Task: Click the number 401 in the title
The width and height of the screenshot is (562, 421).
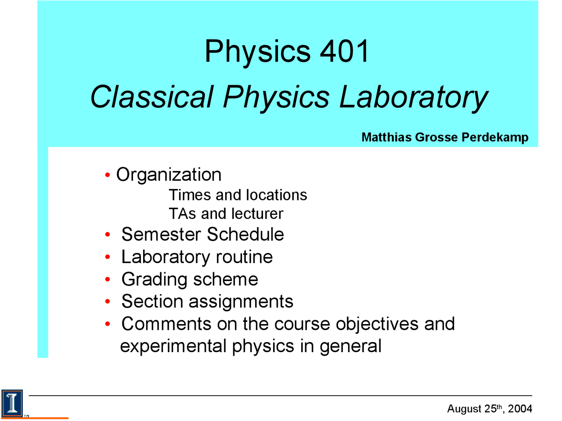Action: click(x=344, y=51)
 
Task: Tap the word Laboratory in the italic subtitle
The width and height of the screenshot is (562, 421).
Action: click(x=413, y=96)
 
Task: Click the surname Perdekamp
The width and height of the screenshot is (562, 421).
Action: click(x=495, y=137)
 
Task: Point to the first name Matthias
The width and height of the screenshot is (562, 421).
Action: click(x=386, y=137)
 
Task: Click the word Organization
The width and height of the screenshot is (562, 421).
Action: click(x=169, y=175)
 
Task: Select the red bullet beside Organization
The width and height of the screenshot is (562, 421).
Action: click(x=108, y=175)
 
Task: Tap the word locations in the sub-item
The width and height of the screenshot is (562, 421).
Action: click(x=276, y=195)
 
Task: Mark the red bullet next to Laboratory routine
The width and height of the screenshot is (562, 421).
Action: click(x=108, y=257)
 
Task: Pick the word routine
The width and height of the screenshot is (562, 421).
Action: click(x=244, y=257)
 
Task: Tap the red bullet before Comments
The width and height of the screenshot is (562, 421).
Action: click(x=108, y=325)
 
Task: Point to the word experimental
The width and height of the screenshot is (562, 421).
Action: click(x=173, y=346)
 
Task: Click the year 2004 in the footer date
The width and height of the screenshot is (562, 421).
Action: click(x=520, y=409)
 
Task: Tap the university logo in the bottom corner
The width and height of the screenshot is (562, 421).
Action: click(x=12, y=403)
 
